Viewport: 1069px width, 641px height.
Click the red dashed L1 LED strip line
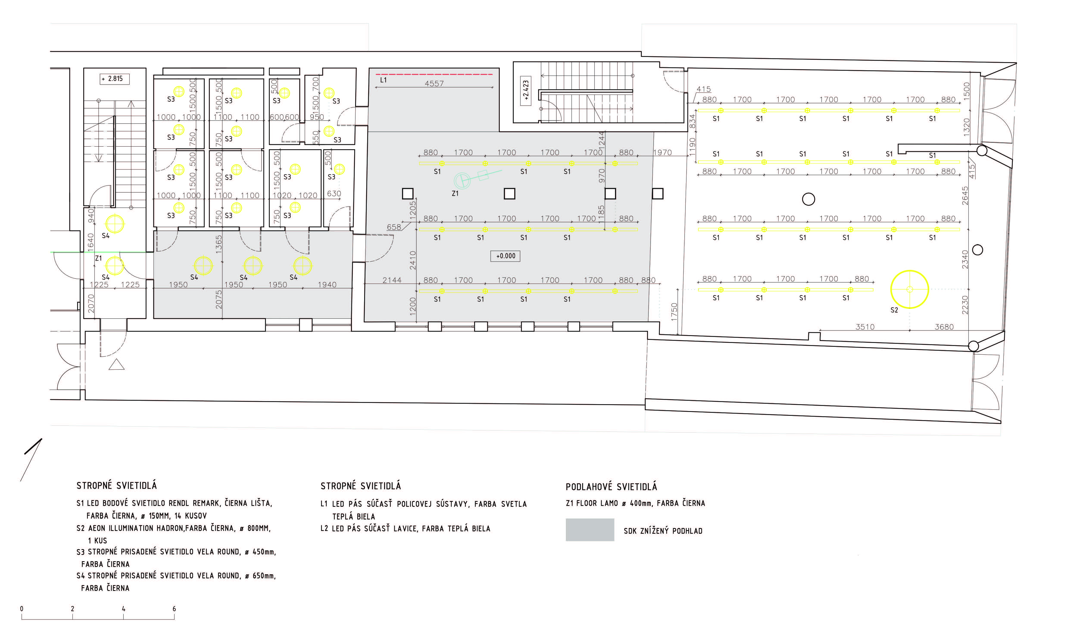(x=434, y=74)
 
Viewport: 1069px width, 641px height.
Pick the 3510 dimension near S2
(x=865, y=327)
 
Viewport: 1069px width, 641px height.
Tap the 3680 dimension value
(x=944, y=327)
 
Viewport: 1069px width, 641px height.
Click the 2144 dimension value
(x=392, y=280)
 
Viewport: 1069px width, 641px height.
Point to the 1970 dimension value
(x=662, y=152)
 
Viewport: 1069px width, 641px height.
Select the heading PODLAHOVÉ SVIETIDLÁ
(x=611, y=487)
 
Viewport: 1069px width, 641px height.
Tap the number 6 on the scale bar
(x=174, y=609)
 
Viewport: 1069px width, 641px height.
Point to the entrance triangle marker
(x=117, y=365)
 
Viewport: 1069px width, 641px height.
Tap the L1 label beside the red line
(x=383, y=80)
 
